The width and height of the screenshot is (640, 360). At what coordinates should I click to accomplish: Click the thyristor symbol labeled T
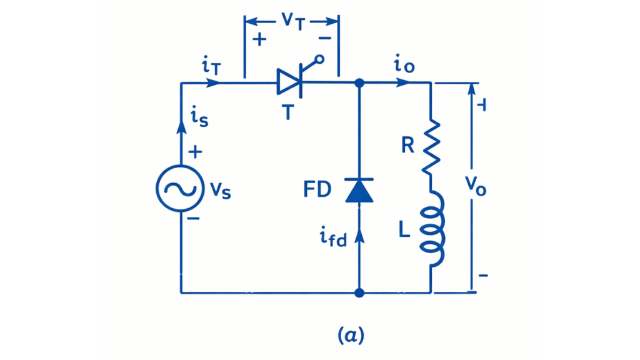290,82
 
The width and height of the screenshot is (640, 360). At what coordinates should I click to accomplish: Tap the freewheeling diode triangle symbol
359,190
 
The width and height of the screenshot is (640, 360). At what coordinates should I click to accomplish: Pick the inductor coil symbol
432,229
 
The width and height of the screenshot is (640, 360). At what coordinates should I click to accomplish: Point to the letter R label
407,146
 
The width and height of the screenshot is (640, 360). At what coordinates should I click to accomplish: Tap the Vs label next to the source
220,191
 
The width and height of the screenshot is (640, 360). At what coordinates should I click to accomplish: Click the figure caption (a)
351,336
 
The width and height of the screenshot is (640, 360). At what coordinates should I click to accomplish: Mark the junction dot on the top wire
359,82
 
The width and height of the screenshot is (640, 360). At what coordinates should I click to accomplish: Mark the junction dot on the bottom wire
359,292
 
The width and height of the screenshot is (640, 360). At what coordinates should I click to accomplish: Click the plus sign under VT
258,39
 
